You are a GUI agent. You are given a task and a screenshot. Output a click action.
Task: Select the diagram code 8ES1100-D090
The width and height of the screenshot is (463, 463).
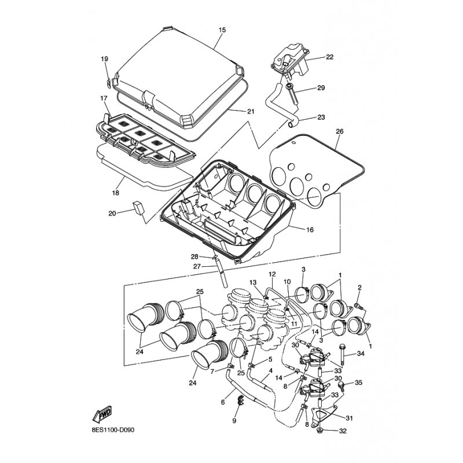113,430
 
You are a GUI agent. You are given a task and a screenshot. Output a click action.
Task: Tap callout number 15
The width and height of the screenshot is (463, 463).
222,30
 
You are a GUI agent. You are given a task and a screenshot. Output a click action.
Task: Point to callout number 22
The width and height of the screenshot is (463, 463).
329,57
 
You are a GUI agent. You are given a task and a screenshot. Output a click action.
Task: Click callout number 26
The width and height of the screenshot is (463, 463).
340,131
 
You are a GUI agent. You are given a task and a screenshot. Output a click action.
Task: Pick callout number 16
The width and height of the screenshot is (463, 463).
310,229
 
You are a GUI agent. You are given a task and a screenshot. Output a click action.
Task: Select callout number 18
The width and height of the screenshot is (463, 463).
115,193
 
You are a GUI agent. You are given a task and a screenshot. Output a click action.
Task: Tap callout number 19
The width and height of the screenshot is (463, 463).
104,59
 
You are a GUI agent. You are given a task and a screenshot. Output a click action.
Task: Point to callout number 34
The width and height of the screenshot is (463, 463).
361,353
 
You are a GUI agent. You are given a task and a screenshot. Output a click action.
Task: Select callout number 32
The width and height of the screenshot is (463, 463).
342,431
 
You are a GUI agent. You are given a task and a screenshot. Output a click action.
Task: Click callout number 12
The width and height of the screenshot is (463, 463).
272,274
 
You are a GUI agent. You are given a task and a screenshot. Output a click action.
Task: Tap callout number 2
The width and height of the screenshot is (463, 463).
359,287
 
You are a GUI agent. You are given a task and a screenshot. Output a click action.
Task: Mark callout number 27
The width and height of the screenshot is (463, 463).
197,267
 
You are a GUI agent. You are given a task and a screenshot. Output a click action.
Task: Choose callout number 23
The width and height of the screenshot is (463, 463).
321,117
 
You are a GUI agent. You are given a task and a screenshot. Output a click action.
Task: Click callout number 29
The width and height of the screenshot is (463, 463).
321,88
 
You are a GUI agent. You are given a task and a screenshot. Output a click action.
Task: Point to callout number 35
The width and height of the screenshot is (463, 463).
358,383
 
